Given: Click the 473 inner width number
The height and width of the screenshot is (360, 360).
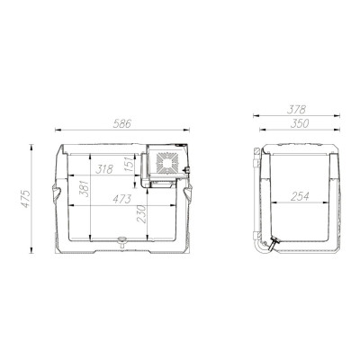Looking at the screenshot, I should (124, 197).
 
